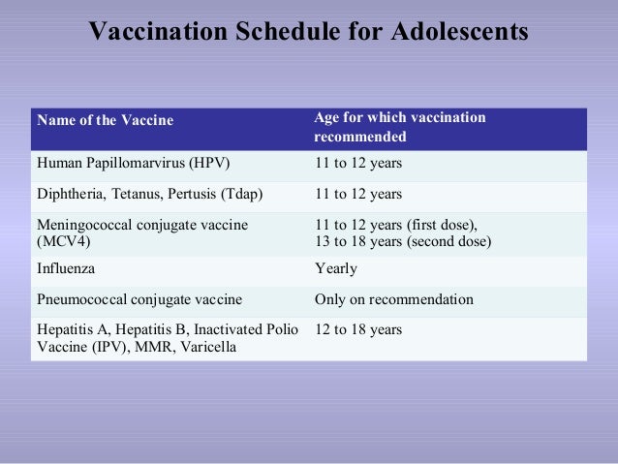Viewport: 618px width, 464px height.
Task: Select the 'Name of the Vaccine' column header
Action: pos(105,120)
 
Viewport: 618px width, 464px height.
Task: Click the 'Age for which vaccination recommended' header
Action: pos(400,127)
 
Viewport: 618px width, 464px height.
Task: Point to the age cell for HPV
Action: pos(358,163)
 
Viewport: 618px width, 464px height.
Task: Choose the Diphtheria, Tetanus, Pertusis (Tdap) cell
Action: pos(149,193)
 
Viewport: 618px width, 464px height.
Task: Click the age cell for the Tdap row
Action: pos(358,193)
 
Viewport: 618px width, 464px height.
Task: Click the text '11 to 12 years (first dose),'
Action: pos(396,225)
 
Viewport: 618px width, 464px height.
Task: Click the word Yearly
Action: pos(336,268)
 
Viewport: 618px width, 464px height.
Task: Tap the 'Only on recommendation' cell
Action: pos(394,299)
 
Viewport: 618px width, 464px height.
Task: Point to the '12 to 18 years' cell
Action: pos(358,330)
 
